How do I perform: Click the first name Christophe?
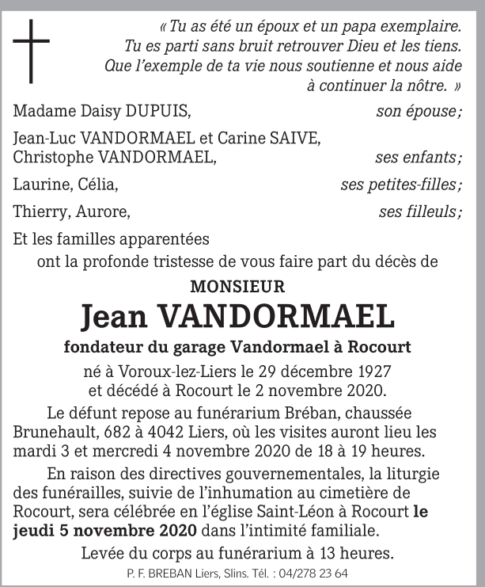tap(51, 156)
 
